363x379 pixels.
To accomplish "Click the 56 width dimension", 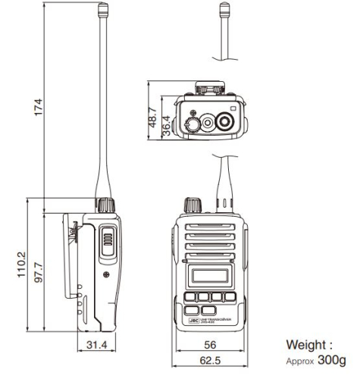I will click(x=211, y=346).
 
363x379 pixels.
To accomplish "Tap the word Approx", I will click(x=298, y=362).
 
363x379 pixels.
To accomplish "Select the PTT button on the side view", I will click(x=107, y=242).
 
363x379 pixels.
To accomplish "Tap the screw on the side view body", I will click(x=106, y=271).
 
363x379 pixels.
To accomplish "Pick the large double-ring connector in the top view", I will click(x=224, y=121).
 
